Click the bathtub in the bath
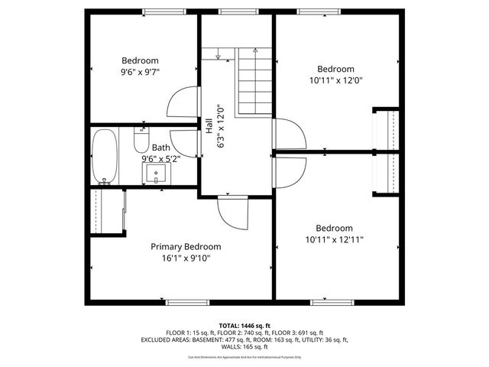click(x=105, y=156)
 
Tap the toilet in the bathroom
click(x=141, y=140)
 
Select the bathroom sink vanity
click(x=157, y=174)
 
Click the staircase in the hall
click(x=253, y=81)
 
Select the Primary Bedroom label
click(x=186, y=246)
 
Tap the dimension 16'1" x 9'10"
click(x=186, y=258)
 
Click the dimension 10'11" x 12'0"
click(x=335, y=79)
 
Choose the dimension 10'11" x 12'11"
click(x=335, y=239)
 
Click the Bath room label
click(x=160, y=148)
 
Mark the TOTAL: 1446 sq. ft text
click(x=244, y=325)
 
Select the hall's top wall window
click(x=232, y=11)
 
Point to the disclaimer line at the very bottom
click(x=244, y=356)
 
